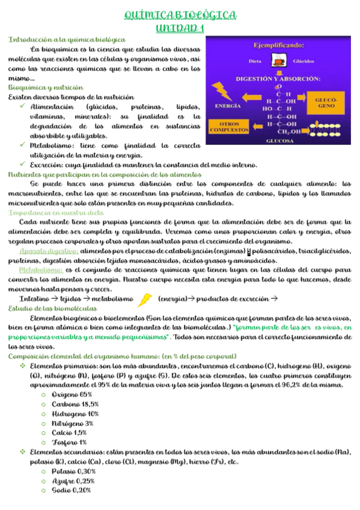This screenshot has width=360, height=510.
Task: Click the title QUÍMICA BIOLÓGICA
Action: pyautogui.click(x=180, y=14)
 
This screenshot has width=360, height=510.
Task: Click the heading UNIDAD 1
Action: pyautogui.click(x=180, y=28)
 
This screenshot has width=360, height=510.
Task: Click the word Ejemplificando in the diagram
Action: pyautogui.click(x=278, y=44)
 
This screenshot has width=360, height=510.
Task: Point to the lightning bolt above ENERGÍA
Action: pyautogui.click(x=224, y=90)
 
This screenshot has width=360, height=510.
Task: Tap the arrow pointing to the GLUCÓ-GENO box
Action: pyautogui.click(x=305, y=101)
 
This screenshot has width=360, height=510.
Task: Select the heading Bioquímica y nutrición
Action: pyautogui.click(x=46, y=88)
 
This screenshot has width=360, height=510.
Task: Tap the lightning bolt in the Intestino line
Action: pyautogui.click(x=145, y=299)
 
